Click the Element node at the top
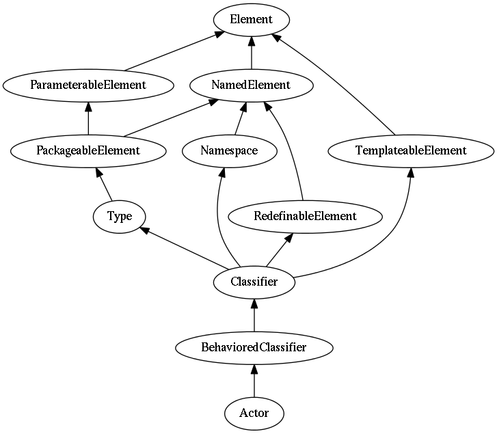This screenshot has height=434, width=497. pyautogui.click(x=252, y=20)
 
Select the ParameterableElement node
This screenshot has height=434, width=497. pyautogui.click(x=88, y=85)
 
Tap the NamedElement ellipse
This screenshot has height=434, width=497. pyautogui.click(x=252, y=85)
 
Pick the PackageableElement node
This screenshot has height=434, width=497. pyautogui.click(x=88, y=151)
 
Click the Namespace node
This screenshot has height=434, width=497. pyautogui.click(x=230, y=151)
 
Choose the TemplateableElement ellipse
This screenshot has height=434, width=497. pyautogui.click(x=411, y=151)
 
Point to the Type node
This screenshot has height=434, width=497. pyautogui.click(x=120, y=217)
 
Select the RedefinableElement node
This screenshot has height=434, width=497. pyautogui.click(x=305, y=217)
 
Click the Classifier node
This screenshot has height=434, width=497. pyautogui.click(x=254, y=282)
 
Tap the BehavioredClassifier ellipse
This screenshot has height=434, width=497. pyautogui.click(x=254, y=347)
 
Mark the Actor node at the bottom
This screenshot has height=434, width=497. pyautogui.click(x=254, y=413)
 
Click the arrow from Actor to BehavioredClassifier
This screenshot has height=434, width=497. pyautogui.click(x=254, y=381)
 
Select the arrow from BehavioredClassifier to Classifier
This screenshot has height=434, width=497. pyautogui.click(x=254, y=315)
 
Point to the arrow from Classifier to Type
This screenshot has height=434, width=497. pyautogui.click(x=184, y=248)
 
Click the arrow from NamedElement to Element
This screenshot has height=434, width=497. pyautogui.click(x=252, y=53)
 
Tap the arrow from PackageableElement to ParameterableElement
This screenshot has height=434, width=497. pyautogui.click(x=88, y=118)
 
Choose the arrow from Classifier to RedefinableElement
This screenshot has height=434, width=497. pyautogui.click(x=279, y=249)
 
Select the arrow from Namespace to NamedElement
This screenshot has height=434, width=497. pyautogui.click(x=240, y=118)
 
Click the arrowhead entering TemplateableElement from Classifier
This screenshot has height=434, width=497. pyautogui.click(x=411, y=173)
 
